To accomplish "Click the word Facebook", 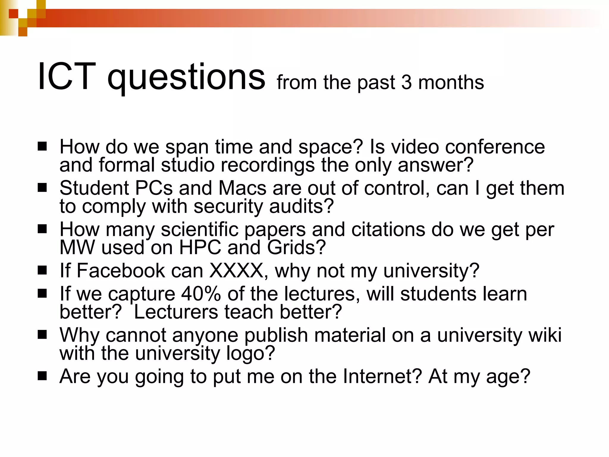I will click(121, 270).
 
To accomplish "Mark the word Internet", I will click(382, 376).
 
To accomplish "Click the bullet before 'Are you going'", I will click(42, 376).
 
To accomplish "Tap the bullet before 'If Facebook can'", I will click(42, 270).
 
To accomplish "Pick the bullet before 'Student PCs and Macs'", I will click(42, 188).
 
